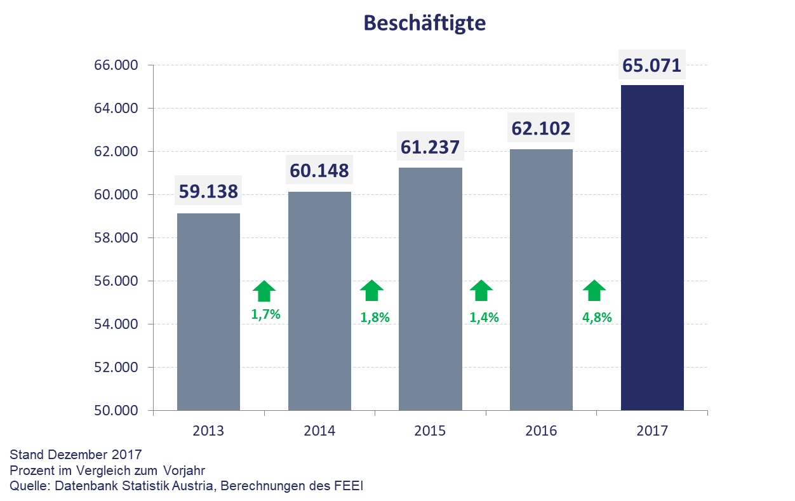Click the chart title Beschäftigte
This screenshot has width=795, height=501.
coord(424,23)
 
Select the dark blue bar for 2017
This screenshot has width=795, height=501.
coord(652,248)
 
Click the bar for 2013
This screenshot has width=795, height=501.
coord(208,311)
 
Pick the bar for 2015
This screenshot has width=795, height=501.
coord(430,289)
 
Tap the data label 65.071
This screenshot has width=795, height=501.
coord(651,65)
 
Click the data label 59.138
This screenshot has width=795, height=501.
coord(208,191)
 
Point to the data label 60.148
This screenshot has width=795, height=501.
coord(319,170)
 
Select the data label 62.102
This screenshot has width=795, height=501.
coord(540,129)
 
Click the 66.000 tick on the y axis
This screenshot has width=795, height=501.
coord(116,65)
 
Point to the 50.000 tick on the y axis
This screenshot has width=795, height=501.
coord(116,411)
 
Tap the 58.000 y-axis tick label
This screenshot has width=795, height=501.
coord(116,238)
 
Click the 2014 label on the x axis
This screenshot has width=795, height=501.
coord(319,431)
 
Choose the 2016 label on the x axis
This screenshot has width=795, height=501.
coord(540,431)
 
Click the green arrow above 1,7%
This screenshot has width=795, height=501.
coord(264,291)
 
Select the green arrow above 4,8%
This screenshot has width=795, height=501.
coord(594,291)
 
